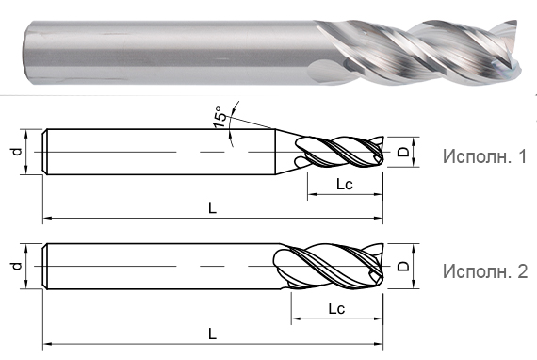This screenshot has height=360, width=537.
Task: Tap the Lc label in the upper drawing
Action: point(344,185)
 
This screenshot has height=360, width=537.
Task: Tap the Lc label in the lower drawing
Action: point(335,307)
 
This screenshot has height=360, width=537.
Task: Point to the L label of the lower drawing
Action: point(213,333)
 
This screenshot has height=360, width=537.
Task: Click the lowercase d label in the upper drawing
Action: point(16,150)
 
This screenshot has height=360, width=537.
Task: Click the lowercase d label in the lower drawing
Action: point(16,267)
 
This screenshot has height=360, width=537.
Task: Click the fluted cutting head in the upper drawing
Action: point(339,151)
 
